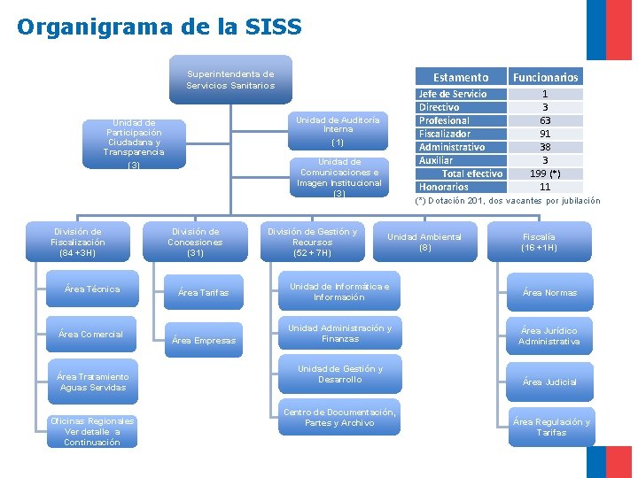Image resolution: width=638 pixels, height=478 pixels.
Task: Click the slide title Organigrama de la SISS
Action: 159,27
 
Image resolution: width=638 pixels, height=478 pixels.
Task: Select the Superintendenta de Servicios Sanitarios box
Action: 230,81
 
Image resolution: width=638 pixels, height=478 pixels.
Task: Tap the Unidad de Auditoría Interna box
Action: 338,131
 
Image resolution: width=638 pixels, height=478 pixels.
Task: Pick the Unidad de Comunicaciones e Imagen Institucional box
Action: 338,177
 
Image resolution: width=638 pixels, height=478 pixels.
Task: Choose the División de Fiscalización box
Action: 78,242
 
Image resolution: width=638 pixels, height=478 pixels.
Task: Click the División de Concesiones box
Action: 196,242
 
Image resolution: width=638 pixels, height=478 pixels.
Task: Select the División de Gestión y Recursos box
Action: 312,242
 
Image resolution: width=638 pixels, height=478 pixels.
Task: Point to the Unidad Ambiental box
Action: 424,242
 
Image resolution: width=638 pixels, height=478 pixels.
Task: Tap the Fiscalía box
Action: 540,242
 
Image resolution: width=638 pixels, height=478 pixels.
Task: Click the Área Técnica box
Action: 92,289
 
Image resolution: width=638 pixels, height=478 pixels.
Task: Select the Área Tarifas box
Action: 203,293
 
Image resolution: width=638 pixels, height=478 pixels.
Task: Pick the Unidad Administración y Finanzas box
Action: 340,334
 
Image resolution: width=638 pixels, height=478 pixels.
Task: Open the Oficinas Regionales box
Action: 92,431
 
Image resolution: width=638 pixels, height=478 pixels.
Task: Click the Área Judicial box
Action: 549,382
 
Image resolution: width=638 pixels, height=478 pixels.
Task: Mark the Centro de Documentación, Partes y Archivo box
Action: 339,418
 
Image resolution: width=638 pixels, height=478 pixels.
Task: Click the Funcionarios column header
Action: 545,77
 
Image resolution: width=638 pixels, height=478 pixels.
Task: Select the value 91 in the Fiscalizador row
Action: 545,134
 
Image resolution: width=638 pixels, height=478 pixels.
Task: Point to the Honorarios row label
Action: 444,187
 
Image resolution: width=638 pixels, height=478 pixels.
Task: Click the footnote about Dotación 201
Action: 508,201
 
